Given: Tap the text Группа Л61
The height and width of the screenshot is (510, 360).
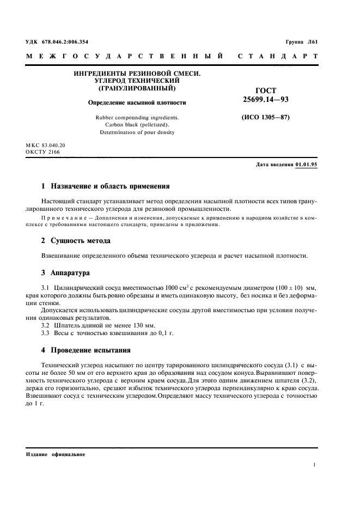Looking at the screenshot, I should point(302,42).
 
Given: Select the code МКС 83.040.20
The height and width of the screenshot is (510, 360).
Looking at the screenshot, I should point(45,145).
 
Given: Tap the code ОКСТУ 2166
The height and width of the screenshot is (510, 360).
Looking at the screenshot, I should point(42,152).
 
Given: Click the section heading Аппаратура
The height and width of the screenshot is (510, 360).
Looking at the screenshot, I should point(70,272).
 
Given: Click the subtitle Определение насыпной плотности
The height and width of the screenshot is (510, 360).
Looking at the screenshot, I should point(137,102).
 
